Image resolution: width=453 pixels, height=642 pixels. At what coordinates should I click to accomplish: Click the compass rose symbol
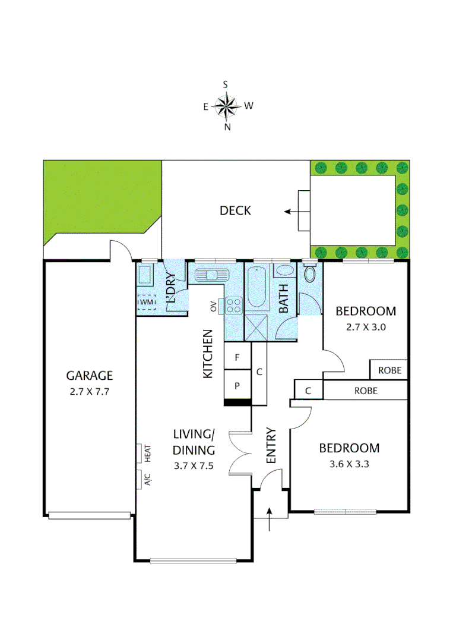226,106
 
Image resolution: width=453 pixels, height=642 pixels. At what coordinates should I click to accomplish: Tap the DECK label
235,210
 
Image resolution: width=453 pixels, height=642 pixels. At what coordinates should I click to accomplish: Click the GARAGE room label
89,376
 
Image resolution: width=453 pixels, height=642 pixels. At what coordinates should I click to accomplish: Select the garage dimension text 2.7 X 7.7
89,392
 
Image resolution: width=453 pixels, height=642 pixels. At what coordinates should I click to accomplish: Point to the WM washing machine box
147,302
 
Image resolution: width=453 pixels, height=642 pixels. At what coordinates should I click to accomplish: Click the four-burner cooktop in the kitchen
233,305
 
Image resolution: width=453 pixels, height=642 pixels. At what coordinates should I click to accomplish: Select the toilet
309,274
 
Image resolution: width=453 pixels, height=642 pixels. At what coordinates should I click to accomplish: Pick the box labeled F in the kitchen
237,358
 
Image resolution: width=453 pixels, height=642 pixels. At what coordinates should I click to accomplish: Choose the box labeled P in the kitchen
237,385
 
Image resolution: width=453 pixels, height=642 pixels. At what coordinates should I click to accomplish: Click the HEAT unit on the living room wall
143,454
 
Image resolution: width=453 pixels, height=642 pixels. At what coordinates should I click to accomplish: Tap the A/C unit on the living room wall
143,479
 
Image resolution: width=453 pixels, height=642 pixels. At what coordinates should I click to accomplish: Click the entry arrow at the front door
271,518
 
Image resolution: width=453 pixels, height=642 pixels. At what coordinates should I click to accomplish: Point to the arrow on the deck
291,211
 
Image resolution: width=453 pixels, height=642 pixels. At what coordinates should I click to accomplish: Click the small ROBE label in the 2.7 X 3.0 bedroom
389,370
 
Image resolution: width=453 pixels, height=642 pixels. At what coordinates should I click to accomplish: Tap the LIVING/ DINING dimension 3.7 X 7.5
194,466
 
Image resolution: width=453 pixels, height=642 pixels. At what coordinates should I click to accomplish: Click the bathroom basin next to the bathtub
283,271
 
